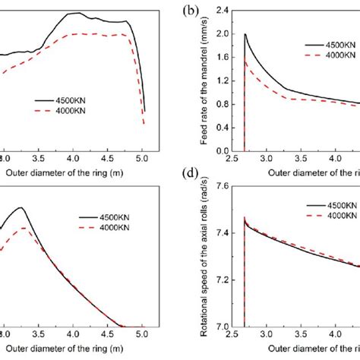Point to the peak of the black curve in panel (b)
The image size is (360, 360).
pyautogui.click(x=245, y=34)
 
